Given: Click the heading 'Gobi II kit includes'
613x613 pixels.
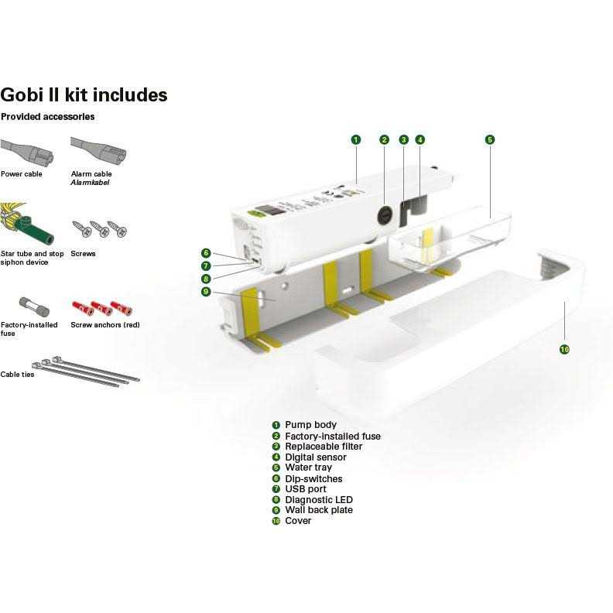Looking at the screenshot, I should (x=84, y=95).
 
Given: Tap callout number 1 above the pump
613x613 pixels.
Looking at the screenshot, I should (x=355, y=140).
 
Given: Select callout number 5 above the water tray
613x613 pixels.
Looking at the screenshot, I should (x=490, y=140).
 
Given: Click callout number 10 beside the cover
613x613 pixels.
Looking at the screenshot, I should (x=564, y=350).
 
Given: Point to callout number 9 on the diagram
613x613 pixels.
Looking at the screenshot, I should (x=206, y=291).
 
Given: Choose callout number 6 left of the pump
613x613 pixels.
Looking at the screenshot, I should (x=206, y=253).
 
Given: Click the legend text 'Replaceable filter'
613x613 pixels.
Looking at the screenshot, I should (x=323, y=447).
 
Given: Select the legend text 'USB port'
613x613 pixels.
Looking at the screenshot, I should (x=306, y=489).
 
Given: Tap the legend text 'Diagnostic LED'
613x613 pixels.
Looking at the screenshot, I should (x=318, y=500).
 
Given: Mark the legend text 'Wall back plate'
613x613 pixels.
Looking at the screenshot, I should (x=319, y=510).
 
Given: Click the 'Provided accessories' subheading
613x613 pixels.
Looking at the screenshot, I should (x=47, y=117).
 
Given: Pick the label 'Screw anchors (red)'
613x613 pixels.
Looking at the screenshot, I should (x=104, y=325).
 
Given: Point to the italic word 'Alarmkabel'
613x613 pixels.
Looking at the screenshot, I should (x=91, y=183).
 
